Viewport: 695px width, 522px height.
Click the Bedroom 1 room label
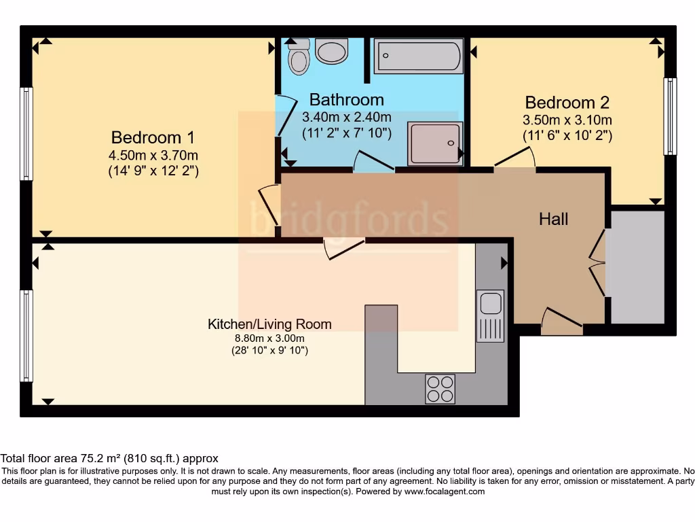tap(147, 137)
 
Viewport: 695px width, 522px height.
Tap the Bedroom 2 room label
tap(567, 103)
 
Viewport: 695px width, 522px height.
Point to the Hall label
tap(554, 219)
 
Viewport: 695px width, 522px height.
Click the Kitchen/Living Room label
tap(269, 324)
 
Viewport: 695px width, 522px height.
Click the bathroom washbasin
tap(331, 51)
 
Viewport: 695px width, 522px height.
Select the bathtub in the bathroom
tap(419, 56)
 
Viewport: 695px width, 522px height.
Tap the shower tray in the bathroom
tap(435, 143)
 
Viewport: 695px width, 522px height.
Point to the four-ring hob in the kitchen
tap(440, 389)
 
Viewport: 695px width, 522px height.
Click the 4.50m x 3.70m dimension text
tap(153, 155)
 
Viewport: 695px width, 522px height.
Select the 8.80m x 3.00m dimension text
tap(269, 338)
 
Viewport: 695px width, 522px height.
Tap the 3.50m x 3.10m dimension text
tap(567, 120)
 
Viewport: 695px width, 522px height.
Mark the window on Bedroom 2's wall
tap(670, 116)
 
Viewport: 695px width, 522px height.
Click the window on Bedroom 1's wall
tap(26, 133)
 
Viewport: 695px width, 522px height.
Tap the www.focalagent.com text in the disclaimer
tap(445, 491)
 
